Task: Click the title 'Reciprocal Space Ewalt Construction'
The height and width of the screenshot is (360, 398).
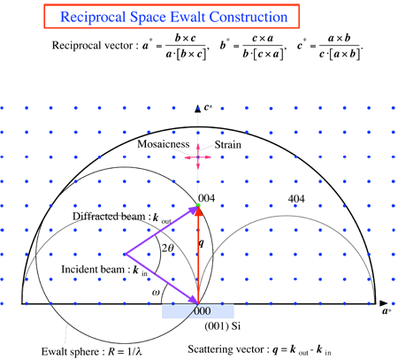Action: (173, 17)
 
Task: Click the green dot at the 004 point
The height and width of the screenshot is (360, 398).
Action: (198, 205)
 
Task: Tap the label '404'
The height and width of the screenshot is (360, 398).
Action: (296, 199)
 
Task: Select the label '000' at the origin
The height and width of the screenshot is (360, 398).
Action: (203, 310)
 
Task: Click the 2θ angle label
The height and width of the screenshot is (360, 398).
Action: (168, 248)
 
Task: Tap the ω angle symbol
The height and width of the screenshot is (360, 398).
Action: (156, 292)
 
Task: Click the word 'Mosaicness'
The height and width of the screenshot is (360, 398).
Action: (164, 144)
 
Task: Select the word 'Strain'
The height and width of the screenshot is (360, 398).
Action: (227, 144)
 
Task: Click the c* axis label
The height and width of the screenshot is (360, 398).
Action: (208, 107)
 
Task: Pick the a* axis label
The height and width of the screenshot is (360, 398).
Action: (387, 311)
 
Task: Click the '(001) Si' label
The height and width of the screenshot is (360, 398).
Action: (223, 326)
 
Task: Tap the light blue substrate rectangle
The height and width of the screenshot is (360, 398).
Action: (198, 311)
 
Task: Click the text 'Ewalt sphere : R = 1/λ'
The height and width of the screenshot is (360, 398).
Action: (92, 351)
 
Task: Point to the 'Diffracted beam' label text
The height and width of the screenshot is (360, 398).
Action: (109, 216)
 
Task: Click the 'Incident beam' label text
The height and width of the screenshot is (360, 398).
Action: (93, 269)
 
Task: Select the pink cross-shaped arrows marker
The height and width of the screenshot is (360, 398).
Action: (198, 157)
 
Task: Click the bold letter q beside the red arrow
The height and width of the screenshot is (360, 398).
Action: (201, 243)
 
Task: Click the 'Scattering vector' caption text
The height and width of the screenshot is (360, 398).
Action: (226, 349)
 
